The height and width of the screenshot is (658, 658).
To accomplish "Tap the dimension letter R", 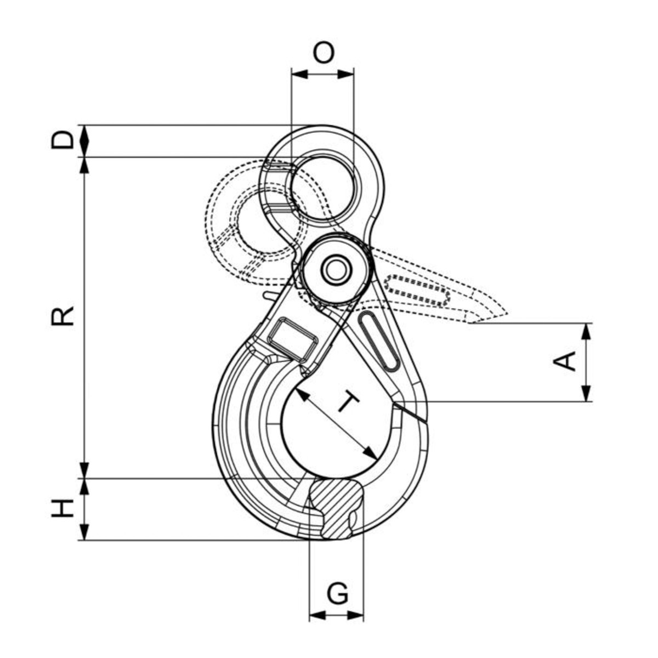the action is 63,316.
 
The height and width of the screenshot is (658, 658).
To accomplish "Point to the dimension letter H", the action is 63,508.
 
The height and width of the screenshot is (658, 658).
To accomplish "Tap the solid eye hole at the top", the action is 322,188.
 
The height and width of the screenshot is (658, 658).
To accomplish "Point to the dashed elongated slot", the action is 417,290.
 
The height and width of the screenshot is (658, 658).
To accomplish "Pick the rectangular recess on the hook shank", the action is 292,339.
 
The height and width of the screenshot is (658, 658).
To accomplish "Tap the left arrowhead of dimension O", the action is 300,74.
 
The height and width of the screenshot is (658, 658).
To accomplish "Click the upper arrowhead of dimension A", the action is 586,331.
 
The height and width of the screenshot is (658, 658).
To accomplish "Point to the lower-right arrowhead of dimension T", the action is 371,453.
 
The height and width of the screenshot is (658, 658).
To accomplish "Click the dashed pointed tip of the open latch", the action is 507,313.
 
